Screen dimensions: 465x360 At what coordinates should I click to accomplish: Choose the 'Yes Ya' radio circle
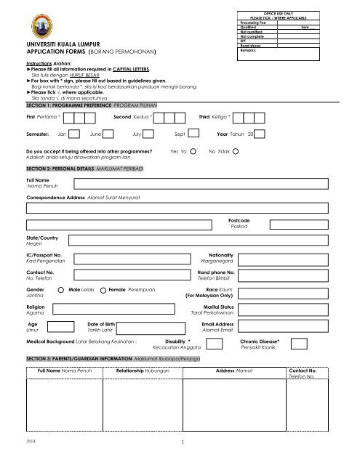(x=193, y=153)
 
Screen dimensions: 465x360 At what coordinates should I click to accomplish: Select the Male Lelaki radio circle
(x=60, y=290)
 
